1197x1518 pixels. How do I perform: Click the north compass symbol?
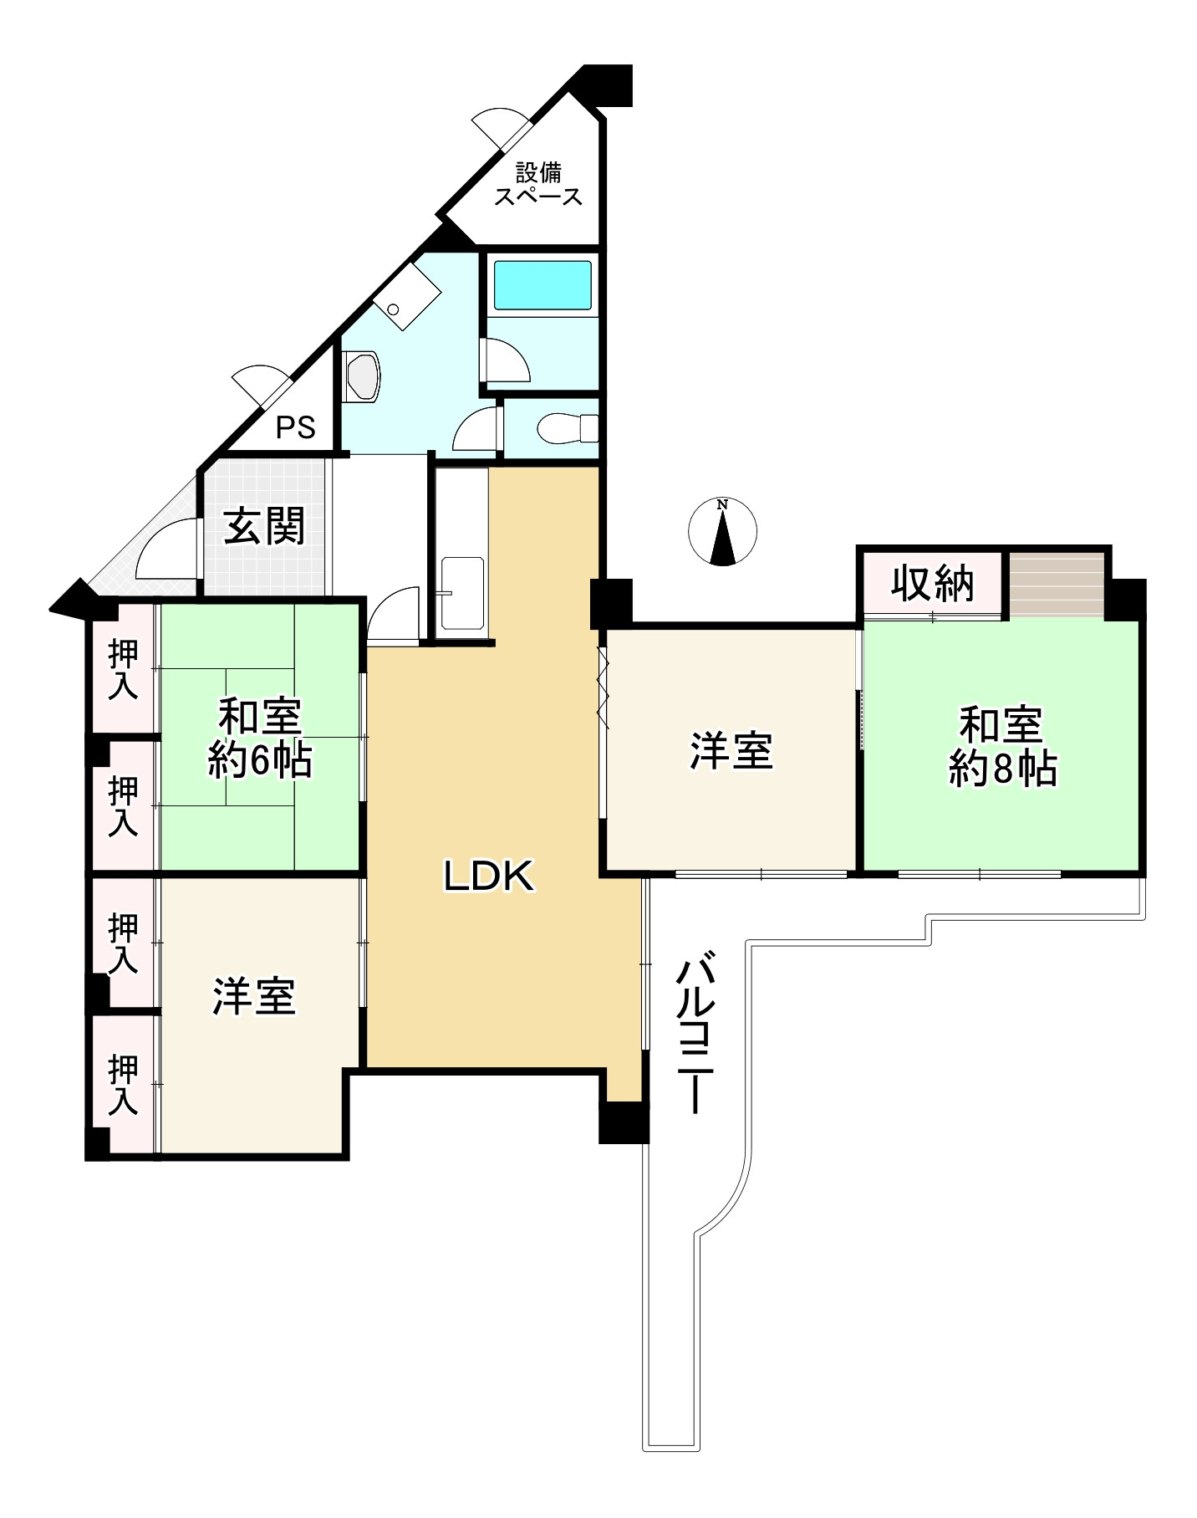722,531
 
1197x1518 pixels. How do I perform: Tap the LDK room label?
488,877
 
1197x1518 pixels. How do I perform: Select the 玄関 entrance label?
264,526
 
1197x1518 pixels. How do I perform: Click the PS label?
296,428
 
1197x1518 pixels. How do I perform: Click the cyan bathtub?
542,284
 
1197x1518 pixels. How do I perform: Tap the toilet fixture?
565,428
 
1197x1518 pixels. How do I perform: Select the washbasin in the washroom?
363,376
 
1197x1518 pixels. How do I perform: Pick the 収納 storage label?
932,583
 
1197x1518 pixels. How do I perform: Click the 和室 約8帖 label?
1001,746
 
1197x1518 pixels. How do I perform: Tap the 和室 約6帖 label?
259,739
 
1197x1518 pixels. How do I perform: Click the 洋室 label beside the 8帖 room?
731,750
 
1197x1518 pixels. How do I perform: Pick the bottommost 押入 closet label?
124,1085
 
